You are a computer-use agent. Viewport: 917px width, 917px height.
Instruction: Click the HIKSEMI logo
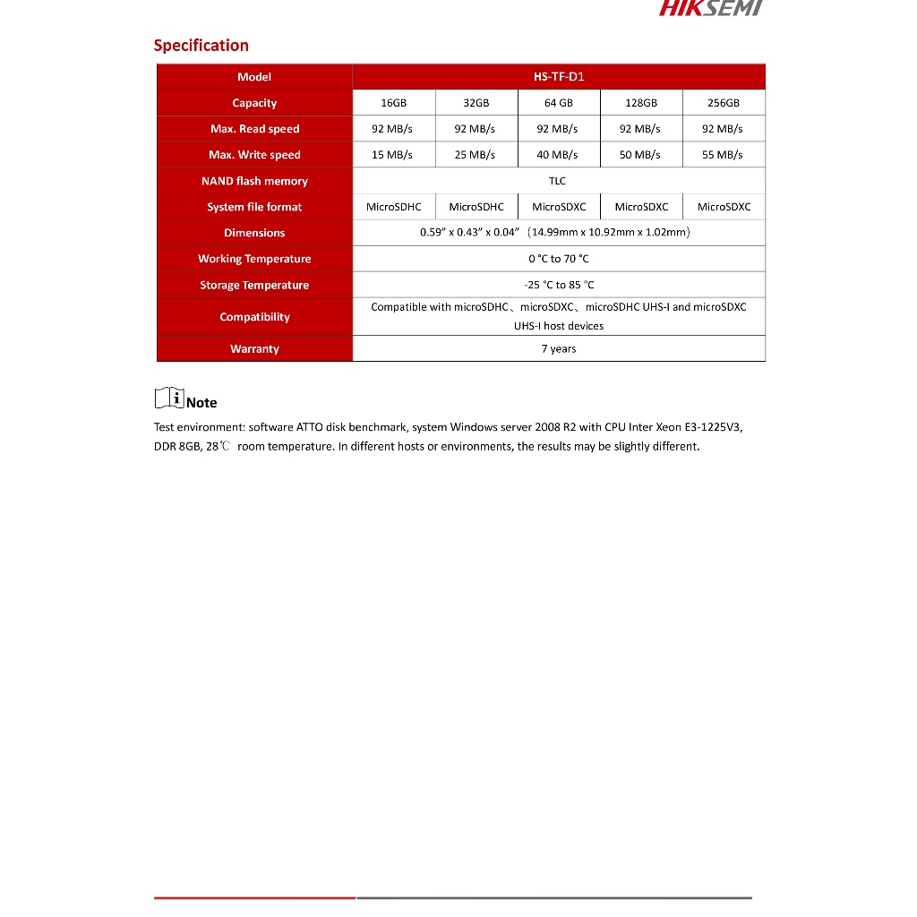coord(710,8)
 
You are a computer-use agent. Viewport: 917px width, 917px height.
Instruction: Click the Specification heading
coord(201,46)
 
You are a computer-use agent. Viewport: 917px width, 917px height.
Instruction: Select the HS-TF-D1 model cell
coord(558,77)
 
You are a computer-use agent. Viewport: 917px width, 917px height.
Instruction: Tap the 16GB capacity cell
coord(394,103)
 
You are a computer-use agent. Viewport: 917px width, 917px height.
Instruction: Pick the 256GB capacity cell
coord(723,103)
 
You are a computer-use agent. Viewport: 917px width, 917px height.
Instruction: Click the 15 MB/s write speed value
coord(392,155)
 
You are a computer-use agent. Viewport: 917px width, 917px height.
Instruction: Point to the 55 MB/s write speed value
coord(723,155)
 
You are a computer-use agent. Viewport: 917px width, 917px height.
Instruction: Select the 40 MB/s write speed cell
coord(557,155)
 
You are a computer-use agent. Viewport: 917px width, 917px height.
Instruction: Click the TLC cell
coord(557,181)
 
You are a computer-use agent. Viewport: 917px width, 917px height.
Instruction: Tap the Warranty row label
coord(254,349)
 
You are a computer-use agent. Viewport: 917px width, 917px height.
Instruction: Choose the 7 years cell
coord(559,349)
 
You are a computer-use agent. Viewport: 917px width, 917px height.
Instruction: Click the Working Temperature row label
coord(254,259)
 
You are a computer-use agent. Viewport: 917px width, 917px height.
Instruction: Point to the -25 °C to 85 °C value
coord(559,285)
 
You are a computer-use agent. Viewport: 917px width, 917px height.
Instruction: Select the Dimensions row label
coord(254,233)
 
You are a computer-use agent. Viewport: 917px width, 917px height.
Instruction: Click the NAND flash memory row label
coord(254,181)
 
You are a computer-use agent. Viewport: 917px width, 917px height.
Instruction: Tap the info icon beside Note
coord(168,398)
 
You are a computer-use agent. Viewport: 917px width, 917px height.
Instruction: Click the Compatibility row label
coord(254,317)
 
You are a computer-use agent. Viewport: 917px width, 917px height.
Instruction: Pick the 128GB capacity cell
coord(641,103)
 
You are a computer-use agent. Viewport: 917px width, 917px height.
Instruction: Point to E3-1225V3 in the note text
coord(714,427)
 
